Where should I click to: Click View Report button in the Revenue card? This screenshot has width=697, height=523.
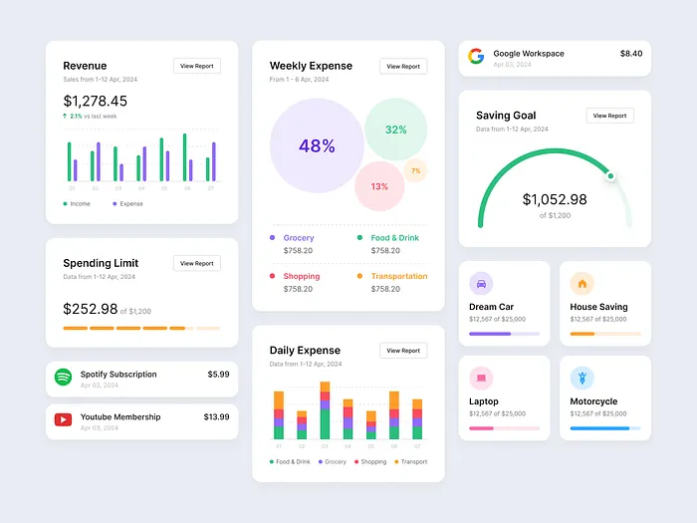tap(196, 66)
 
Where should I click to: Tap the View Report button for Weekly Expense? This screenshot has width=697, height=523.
tap(403, 66)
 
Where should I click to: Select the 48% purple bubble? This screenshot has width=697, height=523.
tap(317, 145)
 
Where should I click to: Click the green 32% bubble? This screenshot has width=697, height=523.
tap(395, 130)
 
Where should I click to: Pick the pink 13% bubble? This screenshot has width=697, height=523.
tap(379, 186)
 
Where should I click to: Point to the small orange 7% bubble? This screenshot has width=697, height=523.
tap(415, 170)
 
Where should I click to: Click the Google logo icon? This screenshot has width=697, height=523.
tap(476, 57)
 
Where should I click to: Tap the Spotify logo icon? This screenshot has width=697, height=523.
tap(63, 378)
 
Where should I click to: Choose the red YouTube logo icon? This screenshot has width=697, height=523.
tap(63, 420)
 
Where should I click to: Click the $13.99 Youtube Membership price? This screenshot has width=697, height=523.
tap(216, 416)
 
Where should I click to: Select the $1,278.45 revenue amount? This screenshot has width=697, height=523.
tap(96, 101)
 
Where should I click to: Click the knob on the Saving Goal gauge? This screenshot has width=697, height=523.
tap(611, 176)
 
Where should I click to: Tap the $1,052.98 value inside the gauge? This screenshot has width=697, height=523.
tap(555, 199)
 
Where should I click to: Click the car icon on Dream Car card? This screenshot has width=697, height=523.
tap(481, 283)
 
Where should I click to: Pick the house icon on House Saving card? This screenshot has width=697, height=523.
tap(582, 283)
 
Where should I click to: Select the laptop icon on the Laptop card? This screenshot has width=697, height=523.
tap(481, 378)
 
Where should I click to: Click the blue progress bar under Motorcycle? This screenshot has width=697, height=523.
tap(599, 428)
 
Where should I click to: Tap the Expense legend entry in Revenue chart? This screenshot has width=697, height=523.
tap(126, 203)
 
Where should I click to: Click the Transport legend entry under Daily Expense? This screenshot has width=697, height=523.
tap(411, 462)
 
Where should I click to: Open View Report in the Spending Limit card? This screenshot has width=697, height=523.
tap(196, 263)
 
